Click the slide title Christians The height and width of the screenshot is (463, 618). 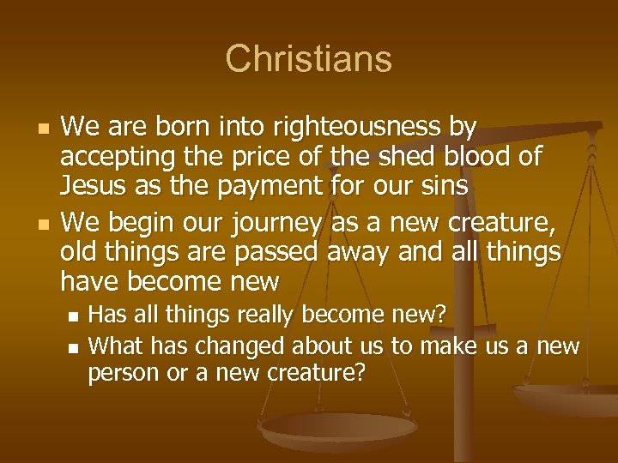[x=308, y=59]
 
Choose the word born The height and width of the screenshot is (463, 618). [x=181, y=129]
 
